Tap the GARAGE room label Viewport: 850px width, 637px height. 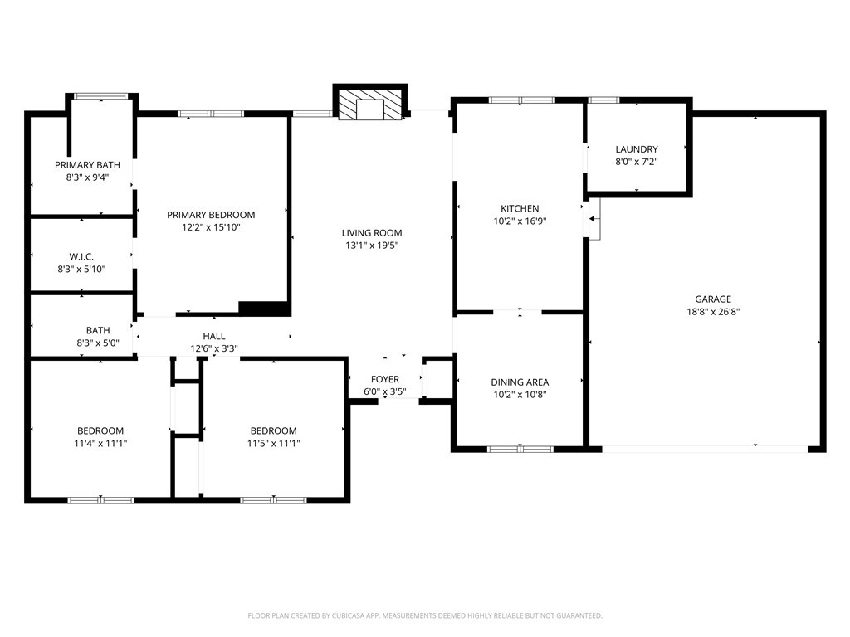click(713, 299)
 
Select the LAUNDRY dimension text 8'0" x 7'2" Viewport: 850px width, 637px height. click(637, 162)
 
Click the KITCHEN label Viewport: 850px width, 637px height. click(520, 208)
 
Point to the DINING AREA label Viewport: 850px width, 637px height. click(520, 382)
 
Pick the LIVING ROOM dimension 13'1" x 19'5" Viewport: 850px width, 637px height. click(372, 246)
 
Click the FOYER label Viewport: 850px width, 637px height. click(385, 379)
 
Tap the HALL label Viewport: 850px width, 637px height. click(214, 337)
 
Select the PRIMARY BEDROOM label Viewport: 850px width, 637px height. click(211, 215)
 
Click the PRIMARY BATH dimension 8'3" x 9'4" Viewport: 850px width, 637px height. click(87, 177)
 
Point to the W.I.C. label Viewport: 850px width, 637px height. click(81, 256)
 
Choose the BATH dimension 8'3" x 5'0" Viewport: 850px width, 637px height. click(98, 343)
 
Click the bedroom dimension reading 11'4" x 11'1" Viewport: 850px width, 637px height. click(100, 443)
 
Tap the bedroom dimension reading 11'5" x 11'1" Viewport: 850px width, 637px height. click(273, 443)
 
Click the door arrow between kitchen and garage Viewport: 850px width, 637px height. click(594, 219)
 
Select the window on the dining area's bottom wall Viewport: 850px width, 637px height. click(520, 449)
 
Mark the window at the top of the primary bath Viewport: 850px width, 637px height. click(100, 96)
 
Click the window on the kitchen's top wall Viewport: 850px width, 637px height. click(521, 100)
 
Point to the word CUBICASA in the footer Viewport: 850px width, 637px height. click(351, 616)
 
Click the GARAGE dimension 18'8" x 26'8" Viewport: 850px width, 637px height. click(713, 312)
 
